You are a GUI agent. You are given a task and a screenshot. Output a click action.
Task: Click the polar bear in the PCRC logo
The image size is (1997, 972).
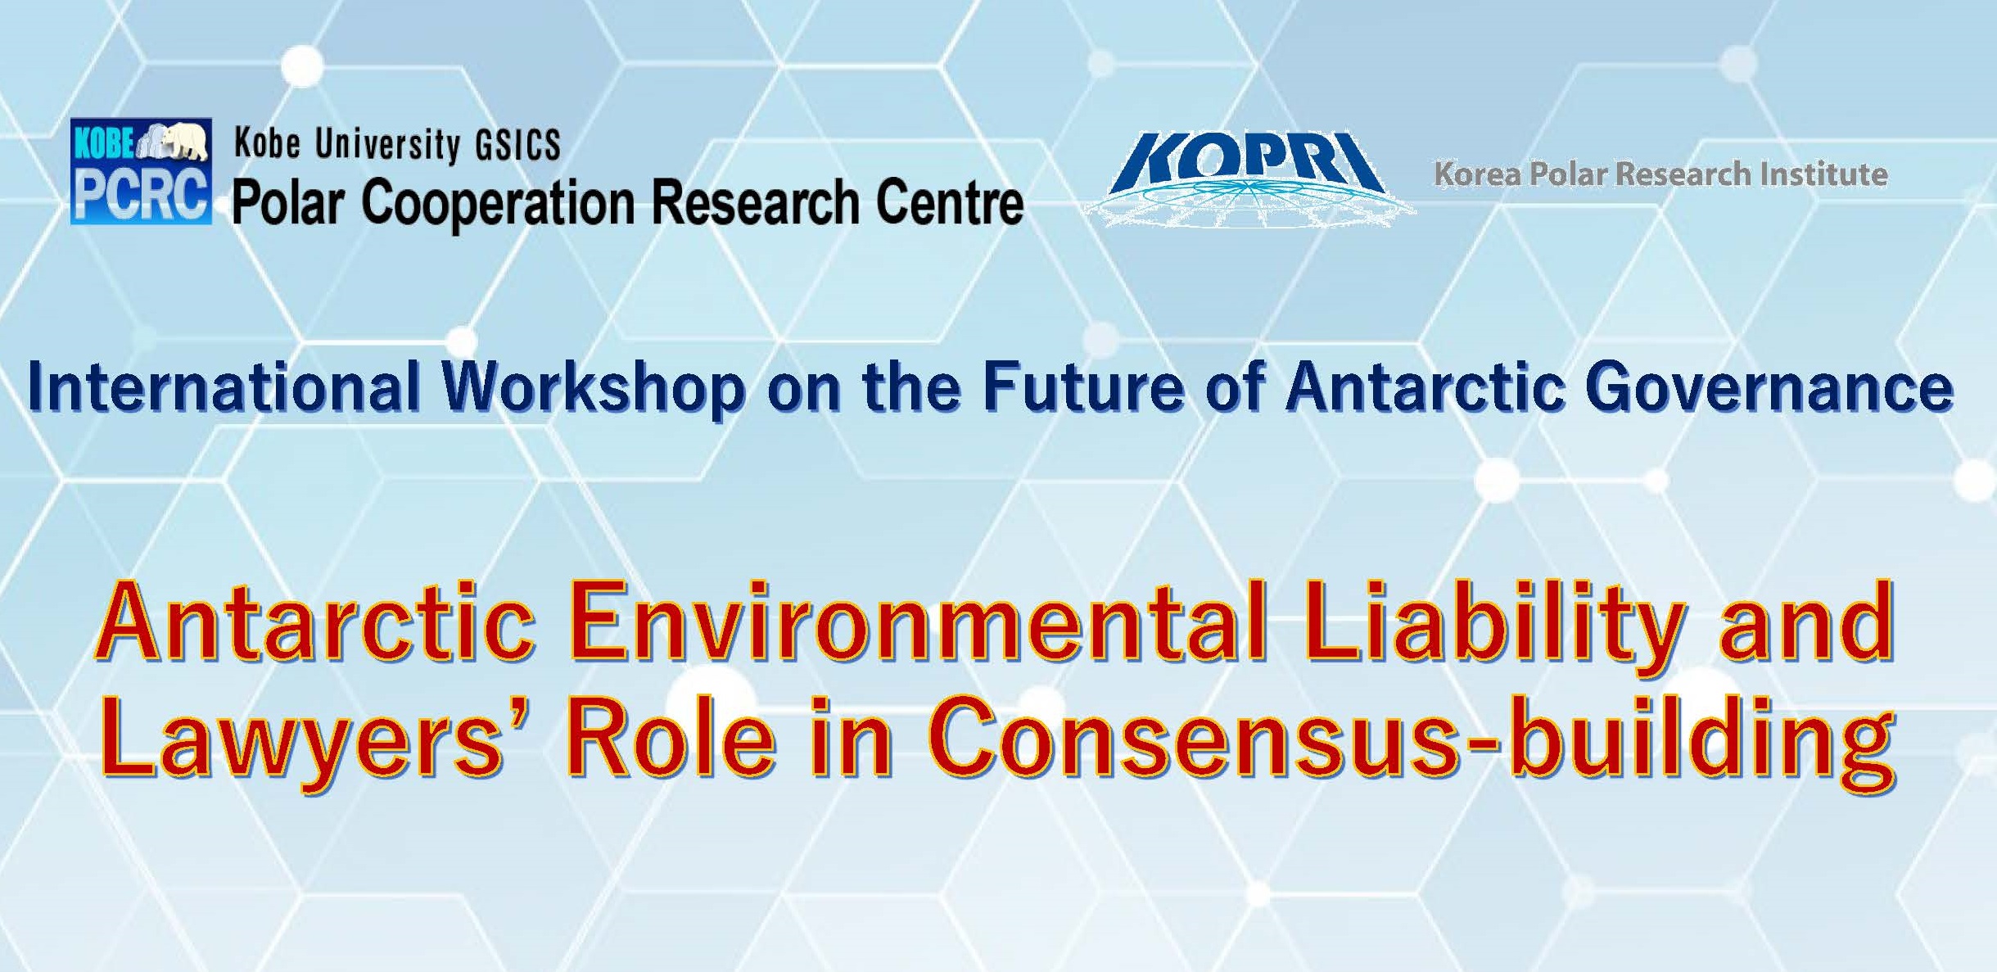(x=183, y=141)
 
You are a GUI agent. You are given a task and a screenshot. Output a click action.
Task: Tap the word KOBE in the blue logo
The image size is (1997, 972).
(x=104, y=142)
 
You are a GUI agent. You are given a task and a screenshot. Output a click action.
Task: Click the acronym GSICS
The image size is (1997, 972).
(x=518, y=145)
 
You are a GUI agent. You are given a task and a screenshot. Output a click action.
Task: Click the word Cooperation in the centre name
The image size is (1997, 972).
(x=498, y=203)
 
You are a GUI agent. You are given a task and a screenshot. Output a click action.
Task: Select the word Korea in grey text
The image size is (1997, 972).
(x=1478, y=174)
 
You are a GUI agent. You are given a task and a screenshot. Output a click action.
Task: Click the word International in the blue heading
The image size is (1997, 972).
(x=224, y=387)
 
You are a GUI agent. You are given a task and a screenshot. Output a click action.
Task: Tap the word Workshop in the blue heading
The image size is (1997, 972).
(x=594, y=389)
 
